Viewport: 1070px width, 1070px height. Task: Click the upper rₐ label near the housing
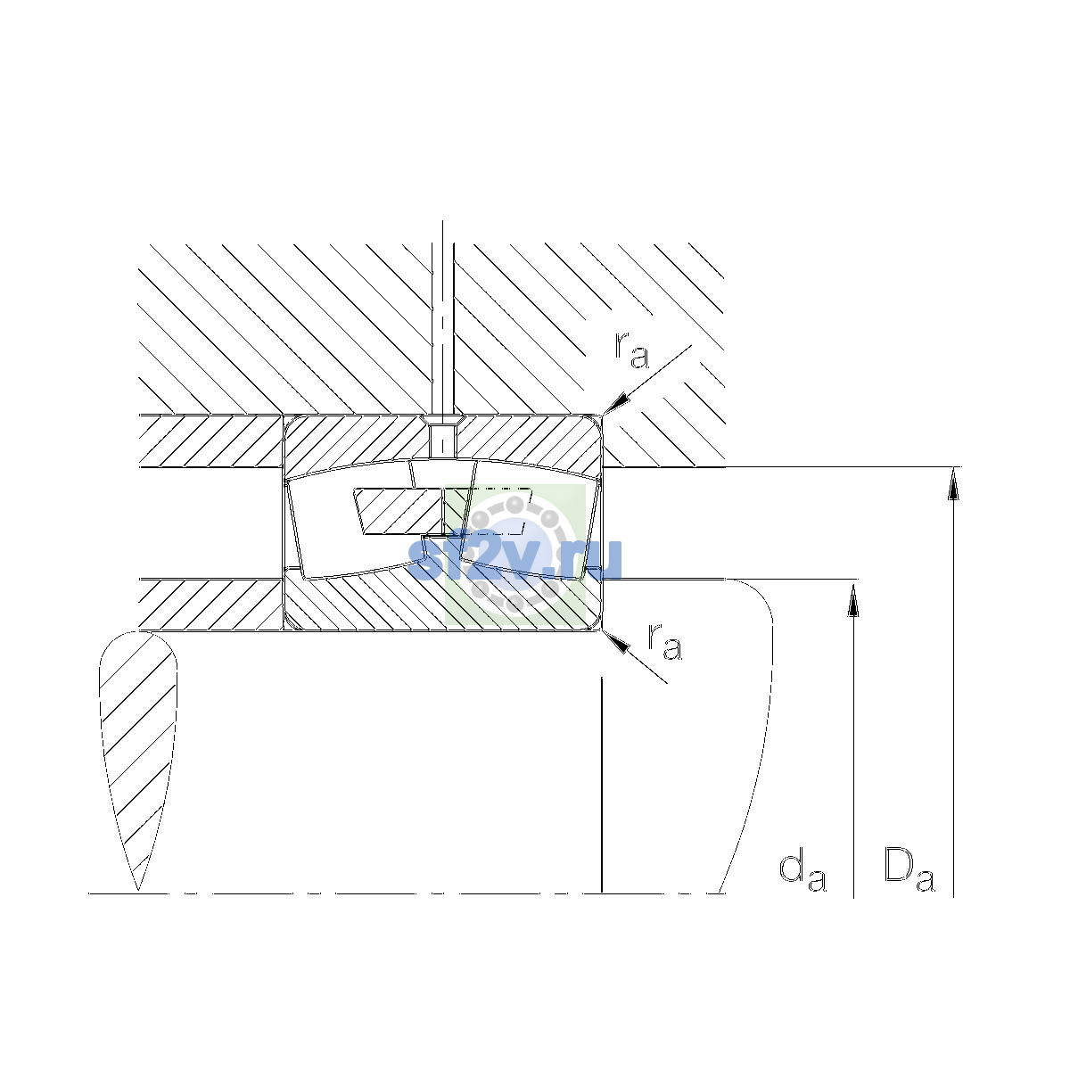point(631,350)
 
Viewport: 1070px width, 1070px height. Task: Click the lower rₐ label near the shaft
point(664,642)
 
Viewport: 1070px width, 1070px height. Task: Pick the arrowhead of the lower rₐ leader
point(616,641)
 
